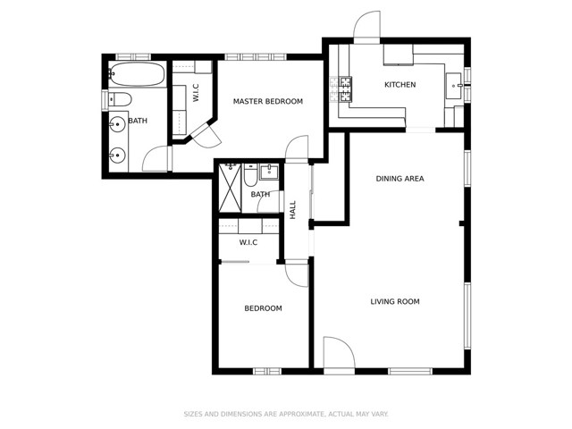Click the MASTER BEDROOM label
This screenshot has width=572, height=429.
(x=267, y=102)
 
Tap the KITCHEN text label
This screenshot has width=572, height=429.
(x=400, y=85)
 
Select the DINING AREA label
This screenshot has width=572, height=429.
(x=400, y=179)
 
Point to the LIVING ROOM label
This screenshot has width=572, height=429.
(x=395, y=301)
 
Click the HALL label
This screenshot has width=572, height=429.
(x=292, y=209)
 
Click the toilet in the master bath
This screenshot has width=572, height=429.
(x=121, y=98)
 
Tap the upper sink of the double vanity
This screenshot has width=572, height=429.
(x=116, y=124)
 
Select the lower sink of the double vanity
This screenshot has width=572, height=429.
(x=116, y=156)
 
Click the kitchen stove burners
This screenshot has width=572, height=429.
(x=341, y=88)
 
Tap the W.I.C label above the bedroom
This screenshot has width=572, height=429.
(x=248, y=242)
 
